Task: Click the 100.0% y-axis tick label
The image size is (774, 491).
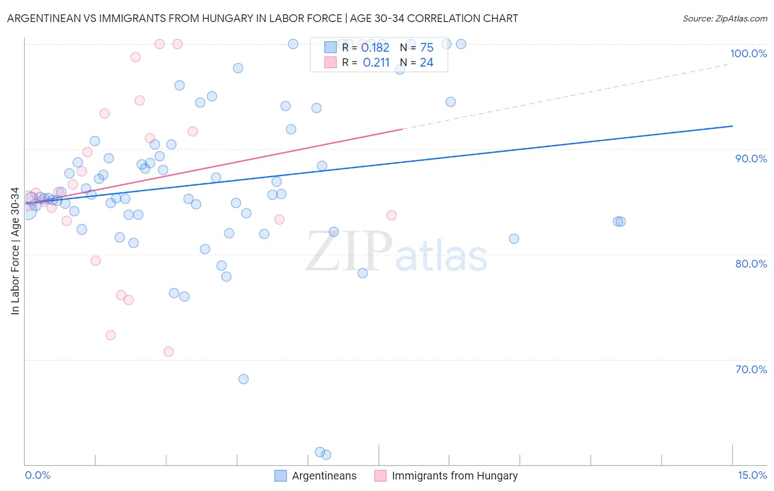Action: (x=748, y=53)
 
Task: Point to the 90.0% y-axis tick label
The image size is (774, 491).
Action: (x=751, y=159)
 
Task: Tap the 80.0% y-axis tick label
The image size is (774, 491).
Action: (x=751, y=264)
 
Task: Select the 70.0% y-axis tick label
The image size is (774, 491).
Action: (x=751, y=369)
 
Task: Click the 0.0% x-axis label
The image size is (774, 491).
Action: (x=37, y=475)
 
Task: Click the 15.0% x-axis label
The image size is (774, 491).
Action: (x=752, y=475)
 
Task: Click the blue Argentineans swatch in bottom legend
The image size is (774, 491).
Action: (x=281, y=476)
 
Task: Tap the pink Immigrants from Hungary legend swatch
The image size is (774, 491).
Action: (x=380, y=476)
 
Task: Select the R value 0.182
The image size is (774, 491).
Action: (x=375, y=48)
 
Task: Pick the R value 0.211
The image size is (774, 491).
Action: (x=376, y=63)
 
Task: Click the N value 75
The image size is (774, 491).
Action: (x=427, y=48)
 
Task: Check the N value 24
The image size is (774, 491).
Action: (x=427, y=63)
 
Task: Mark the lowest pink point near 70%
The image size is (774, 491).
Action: (x=168, y=352)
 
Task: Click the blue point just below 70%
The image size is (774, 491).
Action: (x=243, y=379)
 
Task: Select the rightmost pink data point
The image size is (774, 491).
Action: (x=391, y=215)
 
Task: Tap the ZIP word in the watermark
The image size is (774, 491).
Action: (x=349, y=252)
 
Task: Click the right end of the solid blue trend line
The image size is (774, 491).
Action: (x=732, y=126)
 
